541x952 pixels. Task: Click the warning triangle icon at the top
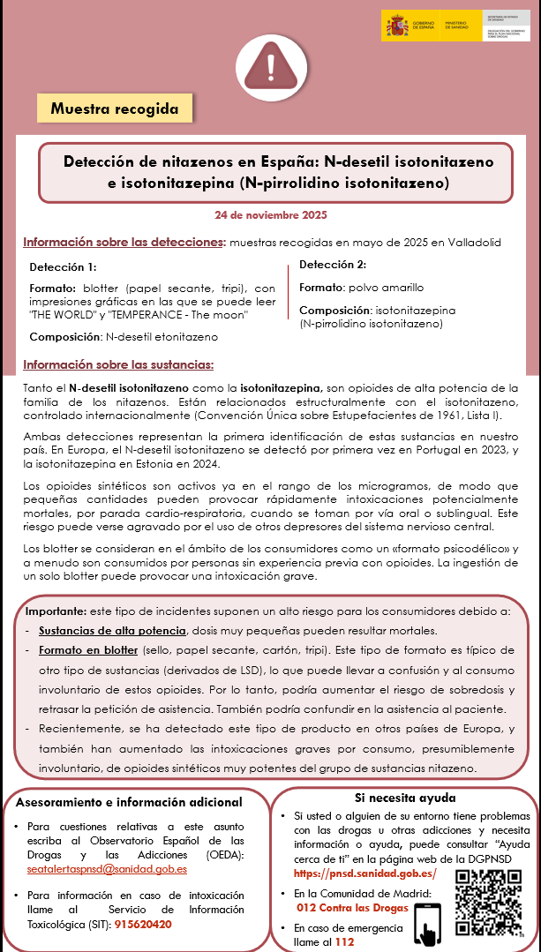[269, 60]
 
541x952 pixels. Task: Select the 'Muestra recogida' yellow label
[115, 109]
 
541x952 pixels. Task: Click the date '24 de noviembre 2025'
[271, 214]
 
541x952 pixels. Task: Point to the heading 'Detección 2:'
[332, 265]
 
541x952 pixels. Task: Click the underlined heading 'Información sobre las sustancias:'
[118, 365]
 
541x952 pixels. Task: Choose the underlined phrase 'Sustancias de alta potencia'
[112, 631]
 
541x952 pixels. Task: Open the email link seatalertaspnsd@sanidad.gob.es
[107, 868]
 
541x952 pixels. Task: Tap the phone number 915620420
[143, 925]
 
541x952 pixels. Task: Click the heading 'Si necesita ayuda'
[405, 796]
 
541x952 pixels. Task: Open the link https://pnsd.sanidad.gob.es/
[365, 873]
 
